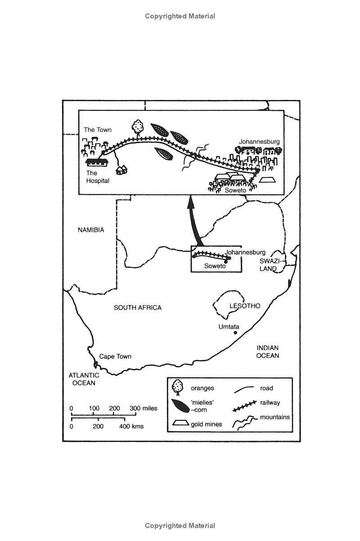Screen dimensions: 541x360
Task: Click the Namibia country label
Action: tap(90, 230)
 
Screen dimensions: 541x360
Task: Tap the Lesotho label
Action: tap(245, 306)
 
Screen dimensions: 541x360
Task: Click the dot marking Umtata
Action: tap(235, 333)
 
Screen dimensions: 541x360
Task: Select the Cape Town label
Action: tap(115, 356)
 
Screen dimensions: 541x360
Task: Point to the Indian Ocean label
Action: tap(268, 352)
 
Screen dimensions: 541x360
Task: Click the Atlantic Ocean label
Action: tap(82, 379)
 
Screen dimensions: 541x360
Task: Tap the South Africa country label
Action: tap(137, 308)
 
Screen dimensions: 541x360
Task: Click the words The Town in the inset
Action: tap(97, 130)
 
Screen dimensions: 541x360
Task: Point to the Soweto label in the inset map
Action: tap(235, 190)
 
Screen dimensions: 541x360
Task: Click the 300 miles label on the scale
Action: tap(144, 408)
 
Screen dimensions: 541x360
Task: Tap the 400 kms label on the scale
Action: tap(131, 426)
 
